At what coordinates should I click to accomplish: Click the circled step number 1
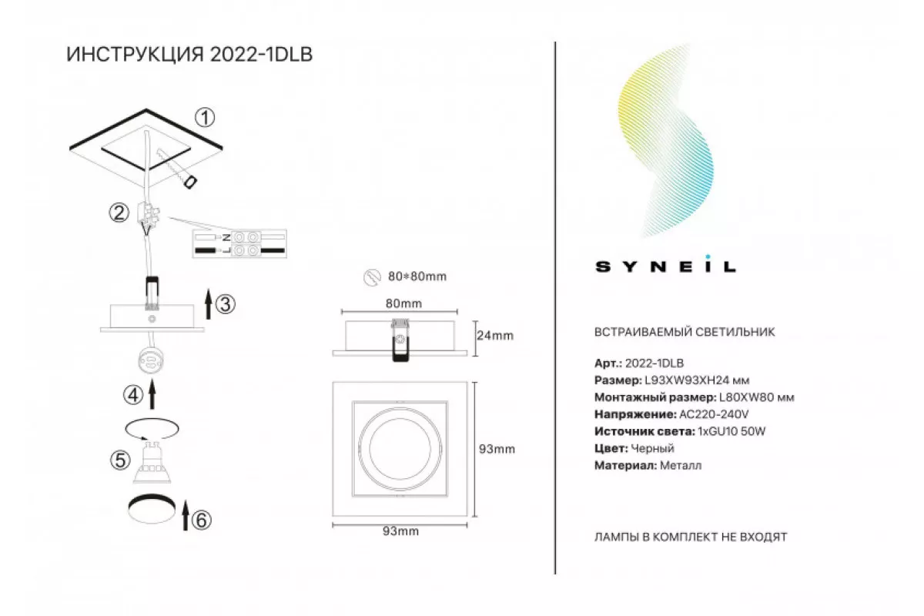pos(205,118)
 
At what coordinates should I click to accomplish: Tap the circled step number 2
pos(119,213)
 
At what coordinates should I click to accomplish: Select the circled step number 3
pos(226,304)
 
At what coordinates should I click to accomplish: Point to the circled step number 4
pos(132,395)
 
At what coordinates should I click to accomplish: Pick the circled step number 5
pos(120,460)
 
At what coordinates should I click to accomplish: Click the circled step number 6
pos(201,521)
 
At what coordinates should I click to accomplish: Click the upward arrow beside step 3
pos(209,304)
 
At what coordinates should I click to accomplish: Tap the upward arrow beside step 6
pos(186,515)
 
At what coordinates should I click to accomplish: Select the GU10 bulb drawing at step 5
pos(152,462)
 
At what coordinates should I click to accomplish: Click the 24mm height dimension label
pos(495,336)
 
